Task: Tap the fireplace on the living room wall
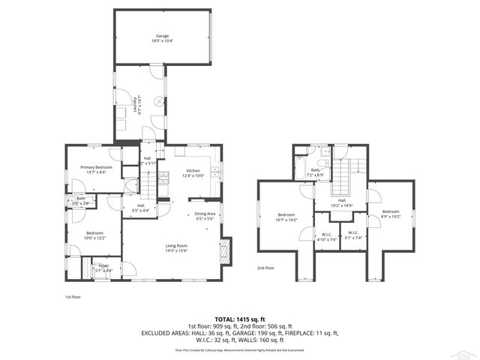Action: click(226, 249)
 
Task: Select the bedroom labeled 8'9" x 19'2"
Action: click(390, 214)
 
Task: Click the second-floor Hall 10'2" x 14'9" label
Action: click(341, 202)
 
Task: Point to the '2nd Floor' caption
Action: click(265, 268)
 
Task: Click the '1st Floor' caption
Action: click(73, 298)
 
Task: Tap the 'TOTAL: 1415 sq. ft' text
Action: click(240, 319)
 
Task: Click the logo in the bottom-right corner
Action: click(466, 352)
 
